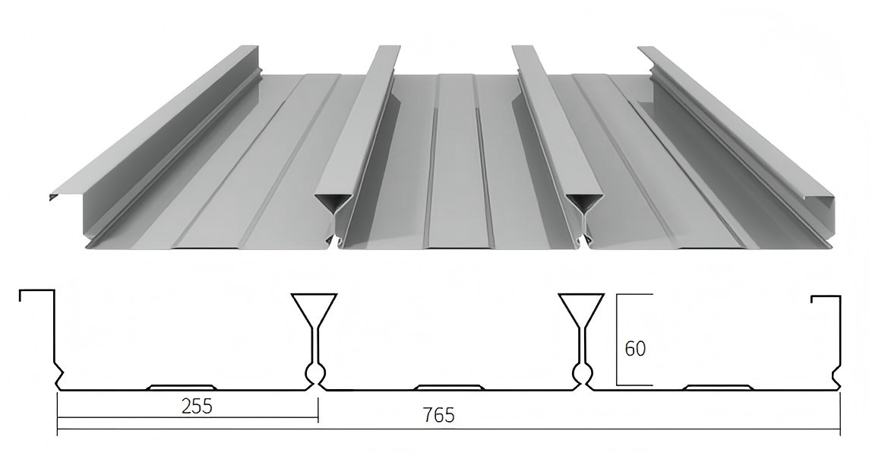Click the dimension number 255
(197, 406)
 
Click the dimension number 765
(438, 415)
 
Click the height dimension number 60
(635, 349)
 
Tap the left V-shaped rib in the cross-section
(314, 309)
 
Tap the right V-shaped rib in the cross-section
(581, 309)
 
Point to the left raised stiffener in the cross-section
(181, 387)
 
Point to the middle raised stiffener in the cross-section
(450, 387)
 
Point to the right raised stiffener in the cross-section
(718, 387)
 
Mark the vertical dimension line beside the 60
(617, 338)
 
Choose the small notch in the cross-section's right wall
(836, 374)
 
